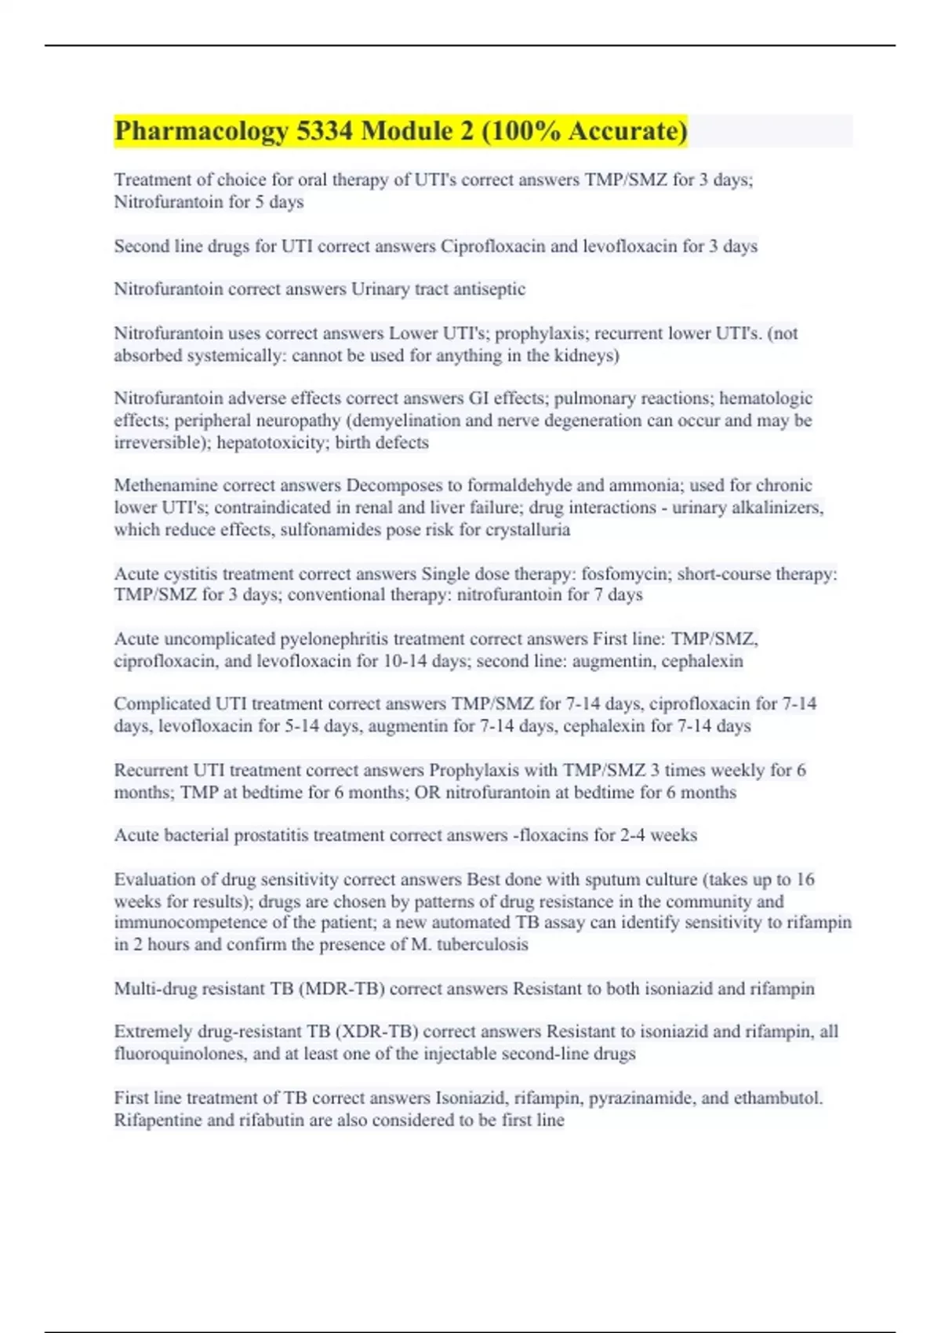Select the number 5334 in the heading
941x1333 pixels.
click(325, 131)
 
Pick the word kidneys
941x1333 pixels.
click(585, 356)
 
